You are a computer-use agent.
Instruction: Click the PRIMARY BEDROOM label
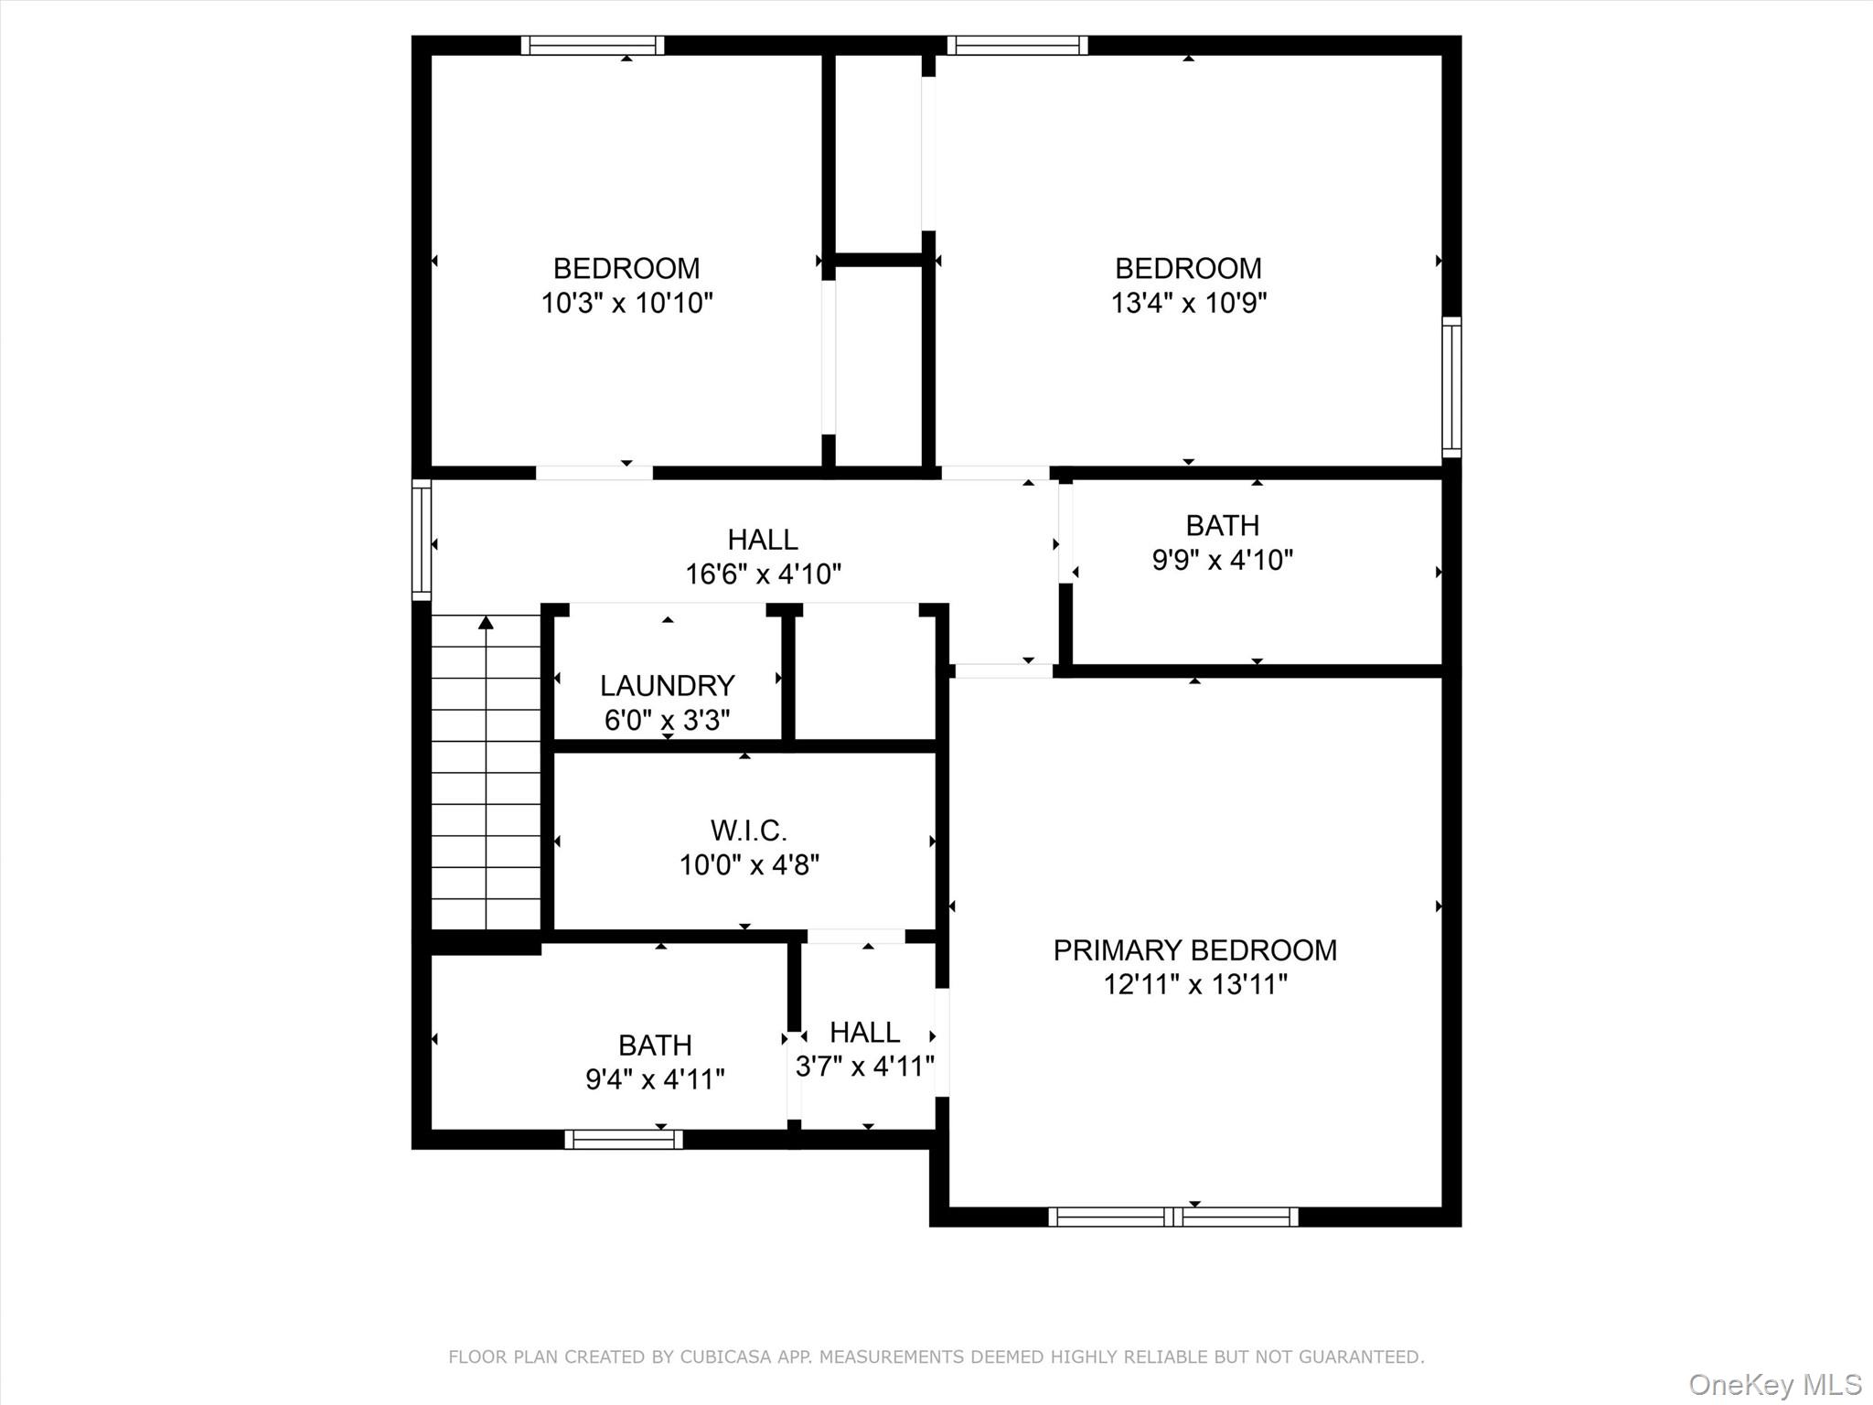(1194, 950)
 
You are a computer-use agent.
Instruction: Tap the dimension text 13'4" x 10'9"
(1188, 303)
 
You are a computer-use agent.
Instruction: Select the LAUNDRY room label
(667, 685)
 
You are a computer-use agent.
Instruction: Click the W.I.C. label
(748, 831)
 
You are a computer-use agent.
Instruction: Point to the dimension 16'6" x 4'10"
(763, 574)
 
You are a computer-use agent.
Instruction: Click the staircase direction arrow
(487, 624)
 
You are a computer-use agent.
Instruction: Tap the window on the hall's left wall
(422, 540)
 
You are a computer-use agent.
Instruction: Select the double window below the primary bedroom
(1172, 1217)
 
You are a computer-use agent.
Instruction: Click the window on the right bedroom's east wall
(1451, 387)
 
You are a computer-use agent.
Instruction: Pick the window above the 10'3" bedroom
(593, 46)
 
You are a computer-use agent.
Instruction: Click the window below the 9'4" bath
(624, 1140)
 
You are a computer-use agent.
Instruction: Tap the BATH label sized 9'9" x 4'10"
(1222, 526)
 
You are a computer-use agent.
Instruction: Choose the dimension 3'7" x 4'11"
(864, 1067)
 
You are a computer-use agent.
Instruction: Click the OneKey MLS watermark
(1774, 1384)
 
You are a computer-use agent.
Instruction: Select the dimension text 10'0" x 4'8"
(748, 865)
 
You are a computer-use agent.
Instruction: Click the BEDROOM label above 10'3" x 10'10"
(626, 269)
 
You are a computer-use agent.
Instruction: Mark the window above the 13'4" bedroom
(1017, 46)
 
